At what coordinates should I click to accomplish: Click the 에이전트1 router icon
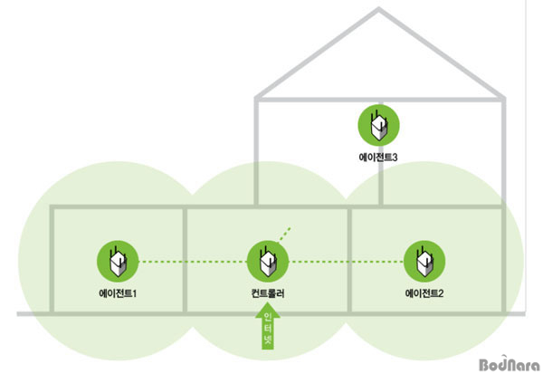[x=118, y=263]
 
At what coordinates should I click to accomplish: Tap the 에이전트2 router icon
[x=423, y=263]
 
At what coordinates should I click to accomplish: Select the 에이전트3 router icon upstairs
[x=378, y=125]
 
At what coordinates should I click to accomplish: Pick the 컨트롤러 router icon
[x=267, y=263]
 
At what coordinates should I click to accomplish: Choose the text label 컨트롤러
[x=267, y=293]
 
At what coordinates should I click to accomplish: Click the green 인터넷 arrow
[x=267, y=330]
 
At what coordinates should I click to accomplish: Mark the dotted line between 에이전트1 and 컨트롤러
[x=192, y=263]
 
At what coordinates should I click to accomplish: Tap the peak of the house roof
[x=379, y=12]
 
